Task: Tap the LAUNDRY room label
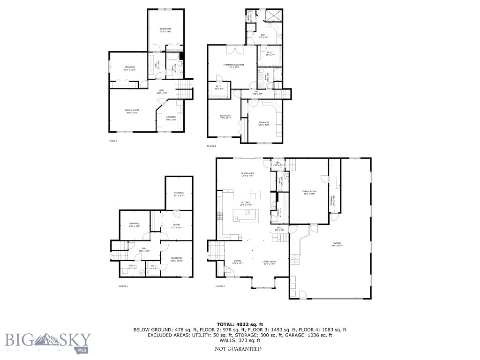pyautogui.click(x=171, y=118)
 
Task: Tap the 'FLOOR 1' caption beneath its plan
pyautogui.click(x=123, y=286)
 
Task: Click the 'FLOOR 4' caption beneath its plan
pyautogui.click(x=211, y=146)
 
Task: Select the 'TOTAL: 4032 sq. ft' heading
pyautogui.click(x=240, y=324)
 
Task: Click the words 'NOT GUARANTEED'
pyautogui.click(x=238, y=349)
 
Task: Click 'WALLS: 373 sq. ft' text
pyautogui.click(x=240, y=341)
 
